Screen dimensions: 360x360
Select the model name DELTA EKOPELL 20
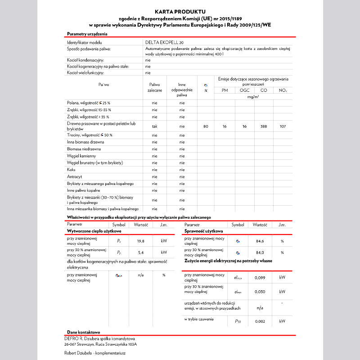pos(164,42)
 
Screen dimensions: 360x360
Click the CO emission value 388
pos(264,126)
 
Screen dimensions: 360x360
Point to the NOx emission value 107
pos(283,126)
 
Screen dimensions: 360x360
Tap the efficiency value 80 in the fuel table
pos(206,126)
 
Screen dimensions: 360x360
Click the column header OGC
pos(244,90)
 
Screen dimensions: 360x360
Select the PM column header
pos(225,90)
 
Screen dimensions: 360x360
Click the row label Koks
pos(72,170)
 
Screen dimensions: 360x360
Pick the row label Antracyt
pos(74,177)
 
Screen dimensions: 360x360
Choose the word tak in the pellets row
pos(154,126)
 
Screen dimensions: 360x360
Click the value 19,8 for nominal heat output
pos(140,241)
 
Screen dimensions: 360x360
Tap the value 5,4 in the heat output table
pos(140,252)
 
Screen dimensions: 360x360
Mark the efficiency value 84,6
pos(260,241)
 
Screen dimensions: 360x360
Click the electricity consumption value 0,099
pos(260,278)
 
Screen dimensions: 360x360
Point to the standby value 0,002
pos(260,321)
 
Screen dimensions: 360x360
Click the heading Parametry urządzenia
pos(87,34)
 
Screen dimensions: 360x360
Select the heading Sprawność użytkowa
pos(204,231)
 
